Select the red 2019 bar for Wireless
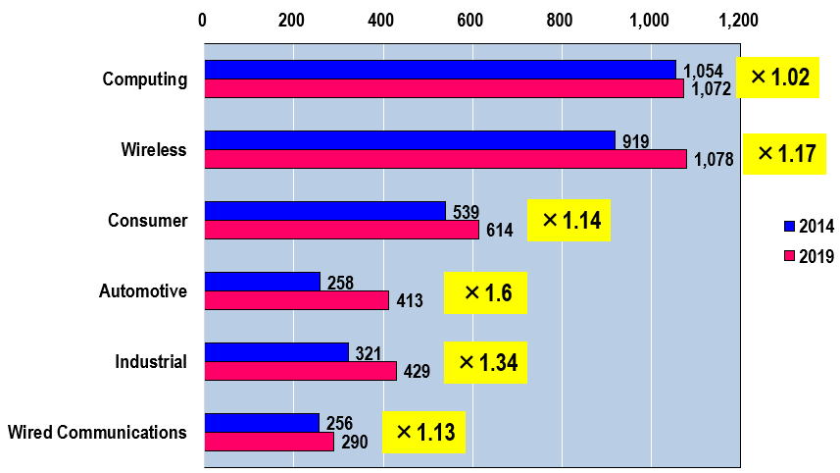point(445,159)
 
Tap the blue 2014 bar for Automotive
point(262,282)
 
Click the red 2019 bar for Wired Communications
point(269,442)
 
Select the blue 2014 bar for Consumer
point(324,211)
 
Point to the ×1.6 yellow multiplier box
point(485,292)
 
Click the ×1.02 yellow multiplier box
point(780,78)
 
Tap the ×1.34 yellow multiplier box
point(485,363)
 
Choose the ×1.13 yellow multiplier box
point(423,433)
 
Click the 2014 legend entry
point(809,227)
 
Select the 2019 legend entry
point(809,257)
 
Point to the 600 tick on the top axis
point(469,20)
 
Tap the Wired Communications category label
point(97,432)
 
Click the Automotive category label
point(143,290)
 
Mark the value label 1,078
point(713,160)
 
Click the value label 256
point(338,424)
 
